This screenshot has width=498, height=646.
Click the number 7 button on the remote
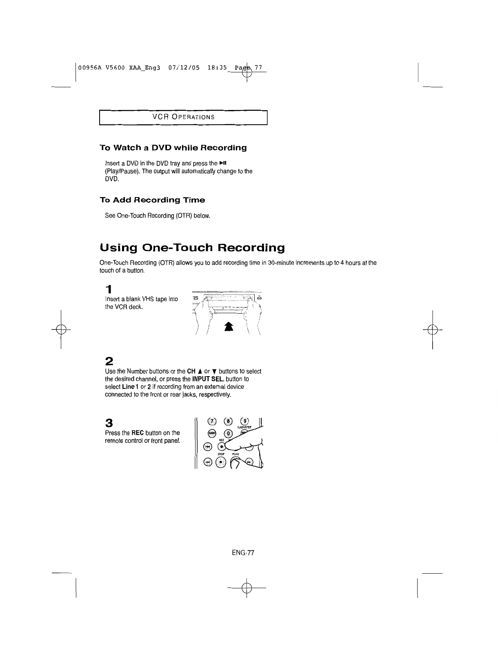tap(211, 422)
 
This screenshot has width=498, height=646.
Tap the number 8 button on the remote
tap(229, 422)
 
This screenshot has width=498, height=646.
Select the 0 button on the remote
tap(229, 434)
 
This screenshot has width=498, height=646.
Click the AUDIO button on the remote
tap(211, 433)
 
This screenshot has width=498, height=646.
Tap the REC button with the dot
tap(222, 446)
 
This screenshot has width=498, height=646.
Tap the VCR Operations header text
tap(183, 117)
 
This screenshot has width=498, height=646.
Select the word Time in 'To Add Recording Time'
tap(193, 200)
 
